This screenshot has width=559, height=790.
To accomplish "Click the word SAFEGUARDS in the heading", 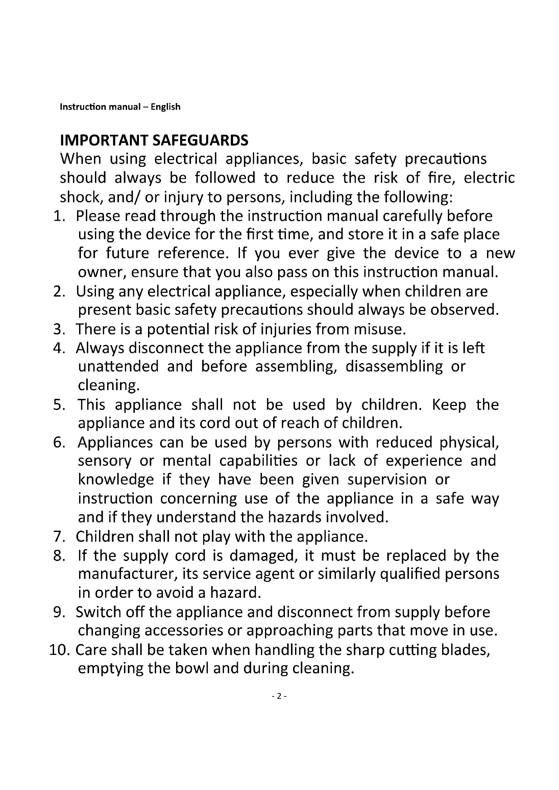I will (200, 141).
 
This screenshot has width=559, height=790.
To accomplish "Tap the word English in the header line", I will (165, 107).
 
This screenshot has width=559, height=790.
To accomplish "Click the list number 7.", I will (59, 537).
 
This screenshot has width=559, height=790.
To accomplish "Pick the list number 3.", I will (59, 329).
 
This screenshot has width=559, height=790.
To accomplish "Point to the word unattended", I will (118, 366).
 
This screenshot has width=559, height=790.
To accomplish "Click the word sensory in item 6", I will (105, 461).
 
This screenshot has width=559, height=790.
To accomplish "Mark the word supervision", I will (387, 480).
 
